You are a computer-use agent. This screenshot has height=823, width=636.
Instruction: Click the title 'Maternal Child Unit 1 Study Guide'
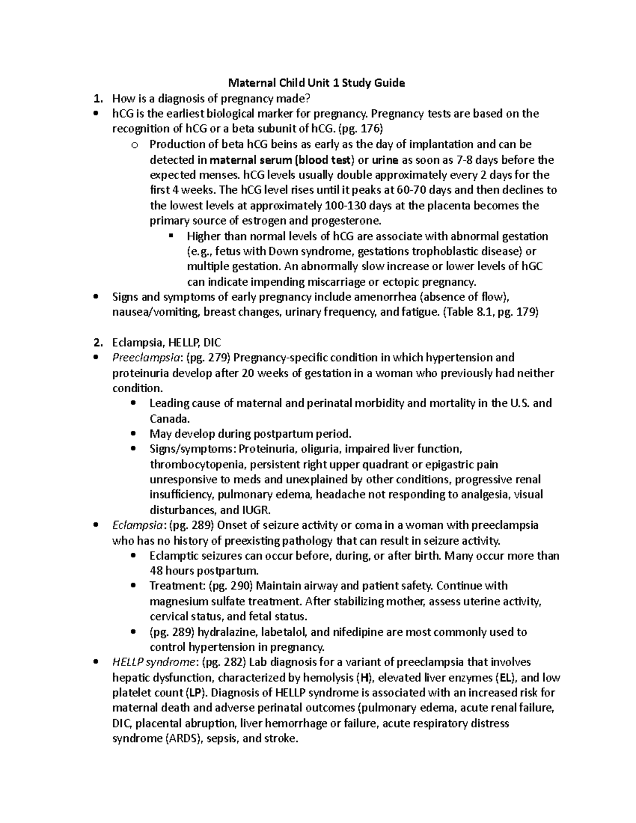[316, 83]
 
